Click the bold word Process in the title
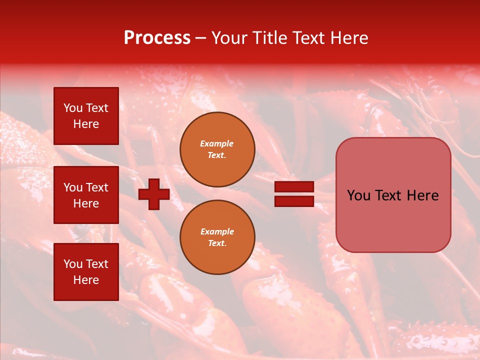point(157,38)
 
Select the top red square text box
point(86,116)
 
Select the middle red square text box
point(86,195)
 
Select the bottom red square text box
point(86,272)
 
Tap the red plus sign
point(154,194)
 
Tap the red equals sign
point(294,194)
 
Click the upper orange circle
point(217,149)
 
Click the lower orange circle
point(217,237)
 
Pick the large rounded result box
point(393,195)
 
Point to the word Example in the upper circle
point(217,143)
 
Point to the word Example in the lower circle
point(217,231)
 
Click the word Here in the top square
point(86,124)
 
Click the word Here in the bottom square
point(86,280)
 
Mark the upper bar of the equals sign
point(294,187)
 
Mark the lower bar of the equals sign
point(294,201)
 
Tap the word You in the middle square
point(72,187)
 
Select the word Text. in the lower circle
point(217,243)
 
